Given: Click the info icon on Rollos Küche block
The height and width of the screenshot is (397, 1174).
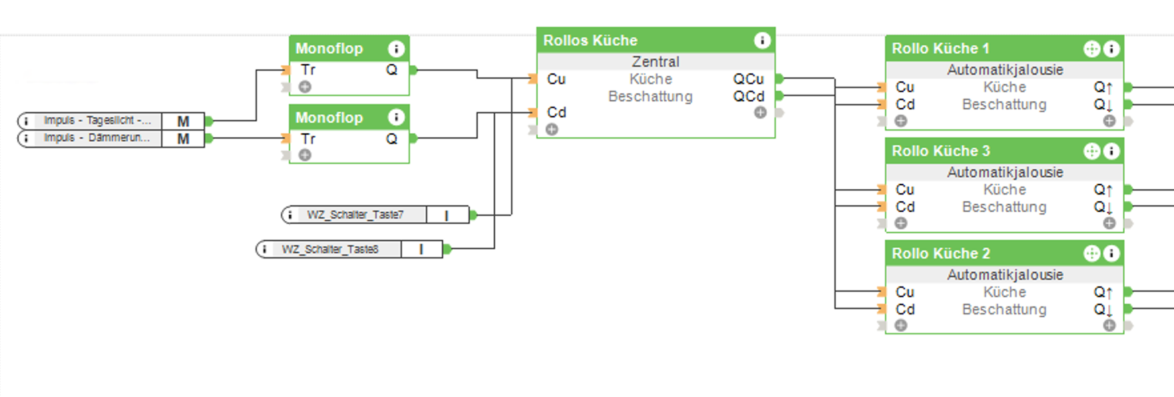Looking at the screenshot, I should [762, 41].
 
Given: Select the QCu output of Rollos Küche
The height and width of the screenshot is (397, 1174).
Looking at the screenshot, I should [748, 79].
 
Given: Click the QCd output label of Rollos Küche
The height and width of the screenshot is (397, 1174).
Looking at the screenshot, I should [748, 97].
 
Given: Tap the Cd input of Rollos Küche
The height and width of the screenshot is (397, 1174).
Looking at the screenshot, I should [556, 113].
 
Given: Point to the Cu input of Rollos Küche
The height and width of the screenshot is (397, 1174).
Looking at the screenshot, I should [556, 79].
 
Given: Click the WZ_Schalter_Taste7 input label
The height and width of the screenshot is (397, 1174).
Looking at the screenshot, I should [355, 215].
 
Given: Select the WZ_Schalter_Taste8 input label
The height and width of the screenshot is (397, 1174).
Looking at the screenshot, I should [329, 250].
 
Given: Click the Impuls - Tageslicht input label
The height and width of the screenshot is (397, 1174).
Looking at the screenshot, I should [97, 121].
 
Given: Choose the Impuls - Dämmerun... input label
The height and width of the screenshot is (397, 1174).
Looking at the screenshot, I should [97, 138].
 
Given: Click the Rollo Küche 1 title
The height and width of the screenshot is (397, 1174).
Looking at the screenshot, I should [940, 49].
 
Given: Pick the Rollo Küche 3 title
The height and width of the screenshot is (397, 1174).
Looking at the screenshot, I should [940, 151].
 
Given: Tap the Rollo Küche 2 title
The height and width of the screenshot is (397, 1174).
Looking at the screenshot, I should [940, 254].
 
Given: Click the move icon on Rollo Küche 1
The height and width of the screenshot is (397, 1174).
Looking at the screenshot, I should [1091, 49].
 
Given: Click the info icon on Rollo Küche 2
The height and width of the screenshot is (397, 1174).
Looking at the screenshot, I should [1111, 254].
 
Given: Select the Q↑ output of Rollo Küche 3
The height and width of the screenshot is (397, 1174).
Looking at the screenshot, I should [1103, 190].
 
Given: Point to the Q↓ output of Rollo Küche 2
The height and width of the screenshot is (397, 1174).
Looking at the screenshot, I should [1103, 310].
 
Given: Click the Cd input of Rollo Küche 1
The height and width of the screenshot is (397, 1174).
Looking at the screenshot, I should [905, 105].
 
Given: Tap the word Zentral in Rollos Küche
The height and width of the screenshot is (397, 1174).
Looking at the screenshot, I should [656, 62].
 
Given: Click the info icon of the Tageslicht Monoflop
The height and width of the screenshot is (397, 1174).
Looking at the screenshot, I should [396, 49].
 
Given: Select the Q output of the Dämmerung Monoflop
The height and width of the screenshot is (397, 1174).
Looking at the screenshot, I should [391, 139].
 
